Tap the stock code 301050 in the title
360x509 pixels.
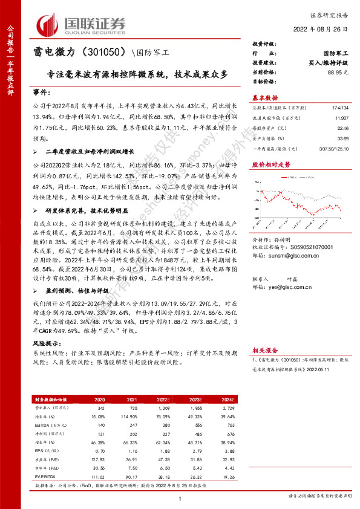pos(100,53)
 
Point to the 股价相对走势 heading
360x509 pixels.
pos(266,164)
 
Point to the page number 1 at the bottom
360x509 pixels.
pos(180,498)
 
